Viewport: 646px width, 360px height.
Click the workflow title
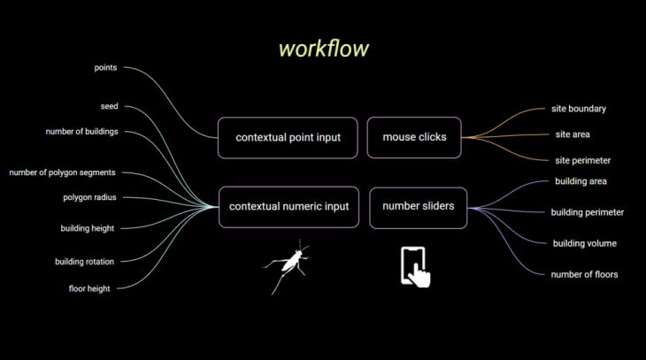[x=324, y=49]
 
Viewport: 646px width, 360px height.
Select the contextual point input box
[x=288, y=137]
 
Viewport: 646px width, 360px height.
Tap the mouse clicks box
[x=414, y=137]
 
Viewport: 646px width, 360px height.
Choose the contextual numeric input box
[x=288, y=207]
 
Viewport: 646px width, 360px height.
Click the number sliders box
[x=419, y=207]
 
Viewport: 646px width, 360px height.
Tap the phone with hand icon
[x=415, y=266]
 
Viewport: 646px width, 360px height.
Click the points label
[x=106, y=67]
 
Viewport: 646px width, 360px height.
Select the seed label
[x=109, y=106]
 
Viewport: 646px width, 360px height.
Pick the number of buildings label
[x=82, y=132]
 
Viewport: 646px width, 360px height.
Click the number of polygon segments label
[x=62, y=172]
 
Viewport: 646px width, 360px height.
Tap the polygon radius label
[x=89, y=197]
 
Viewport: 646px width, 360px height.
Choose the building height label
[x=87, y=228]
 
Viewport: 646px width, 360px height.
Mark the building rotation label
[x=84, y=261]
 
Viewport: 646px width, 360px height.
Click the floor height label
[x=89, y=288]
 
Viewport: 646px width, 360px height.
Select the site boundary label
[x=578, y=109]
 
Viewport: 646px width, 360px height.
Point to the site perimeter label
[x=582, y=160]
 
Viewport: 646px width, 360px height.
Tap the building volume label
[x=584, y=243]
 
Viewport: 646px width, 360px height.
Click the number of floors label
[x=584, y=274]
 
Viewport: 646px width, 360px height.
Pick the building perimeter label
[x=587, y=212]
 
